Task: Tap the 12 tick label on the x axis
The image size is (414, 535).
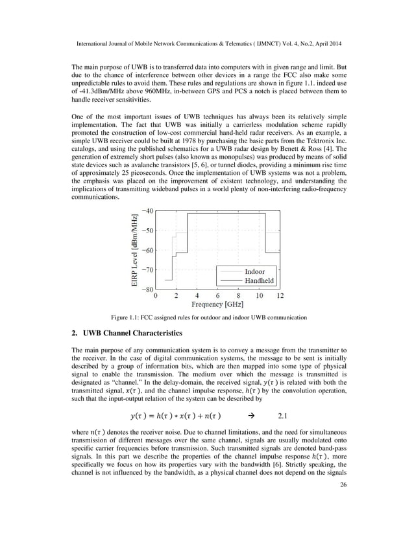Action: pos(280,295)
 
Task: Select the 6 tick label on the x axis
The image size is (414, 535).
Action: pos(217,295)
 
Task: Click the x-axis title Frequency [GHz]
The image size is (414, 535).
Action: pos(217,304)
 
